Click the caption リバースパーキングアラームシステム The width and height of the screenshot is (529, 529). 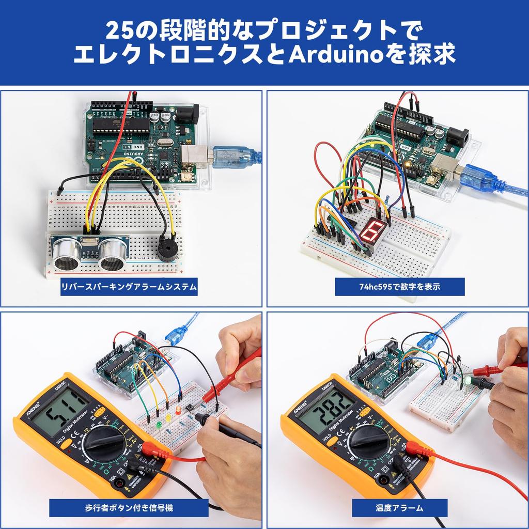point(129,287)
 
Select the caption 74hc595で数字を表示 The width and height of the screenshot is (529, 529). point(399,287)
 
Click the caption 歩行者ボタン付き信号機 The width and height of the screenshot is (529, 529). point(129,507)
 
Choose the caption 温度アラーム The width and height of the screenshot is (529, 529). point(399,507)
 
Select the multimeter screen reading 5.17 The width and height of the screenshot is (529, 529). point(60,412)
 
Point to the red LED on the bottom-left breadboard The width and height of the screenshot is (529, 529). point(177,411)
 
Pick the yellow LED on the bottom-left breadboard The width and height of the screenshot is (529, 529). point(168,417)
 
